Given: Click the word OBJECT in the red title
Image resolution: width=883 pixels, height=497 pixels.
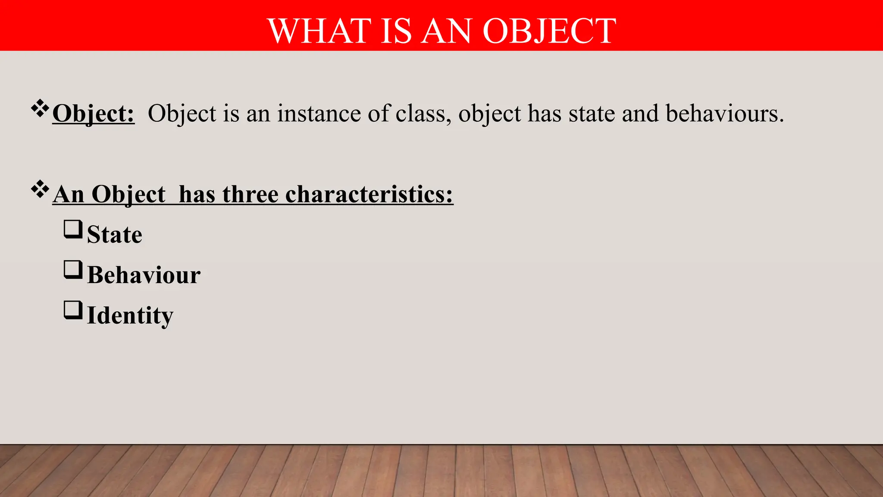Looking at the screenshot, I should (549, 31).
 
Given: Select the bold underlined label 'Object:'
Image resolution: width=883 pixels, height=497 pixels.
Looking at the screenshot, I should (93, 114).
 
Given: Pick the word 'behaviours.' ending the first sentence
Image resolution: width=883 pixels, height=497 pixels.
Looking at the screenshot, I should (725, 114).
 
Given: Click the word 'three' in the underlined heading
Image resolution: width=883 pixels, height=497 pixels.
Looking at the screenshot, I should (250, 194).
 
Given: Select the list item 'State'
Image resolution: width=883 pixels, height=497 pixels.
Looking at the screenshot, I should (115, 235).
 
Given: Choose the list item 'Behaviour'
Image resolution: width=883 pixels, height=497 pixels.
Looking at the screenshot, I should (144, 275).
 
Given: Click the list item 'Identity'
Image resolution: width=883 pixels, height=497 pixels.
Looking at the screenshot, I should (130, 316).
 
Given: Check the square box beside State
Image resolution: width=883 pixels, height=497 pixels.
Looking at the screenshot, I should (73, 229).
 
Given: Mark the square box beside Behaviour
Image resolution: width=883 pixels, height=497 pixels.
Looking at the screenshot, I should (73, 270).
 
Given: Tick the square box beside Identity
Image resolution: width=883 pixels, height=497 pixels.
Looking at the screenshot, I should (73, 310).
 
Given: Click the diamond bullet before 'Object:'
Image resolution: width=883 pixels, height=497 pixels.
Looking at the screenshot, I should (40, 108).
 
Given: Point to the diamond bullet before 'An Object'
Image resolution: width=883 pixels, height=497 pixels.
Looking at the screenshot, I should (40, 189).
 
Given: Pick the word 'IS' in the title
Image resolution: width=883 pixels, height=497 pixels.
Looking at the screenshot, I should (396, 31).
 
